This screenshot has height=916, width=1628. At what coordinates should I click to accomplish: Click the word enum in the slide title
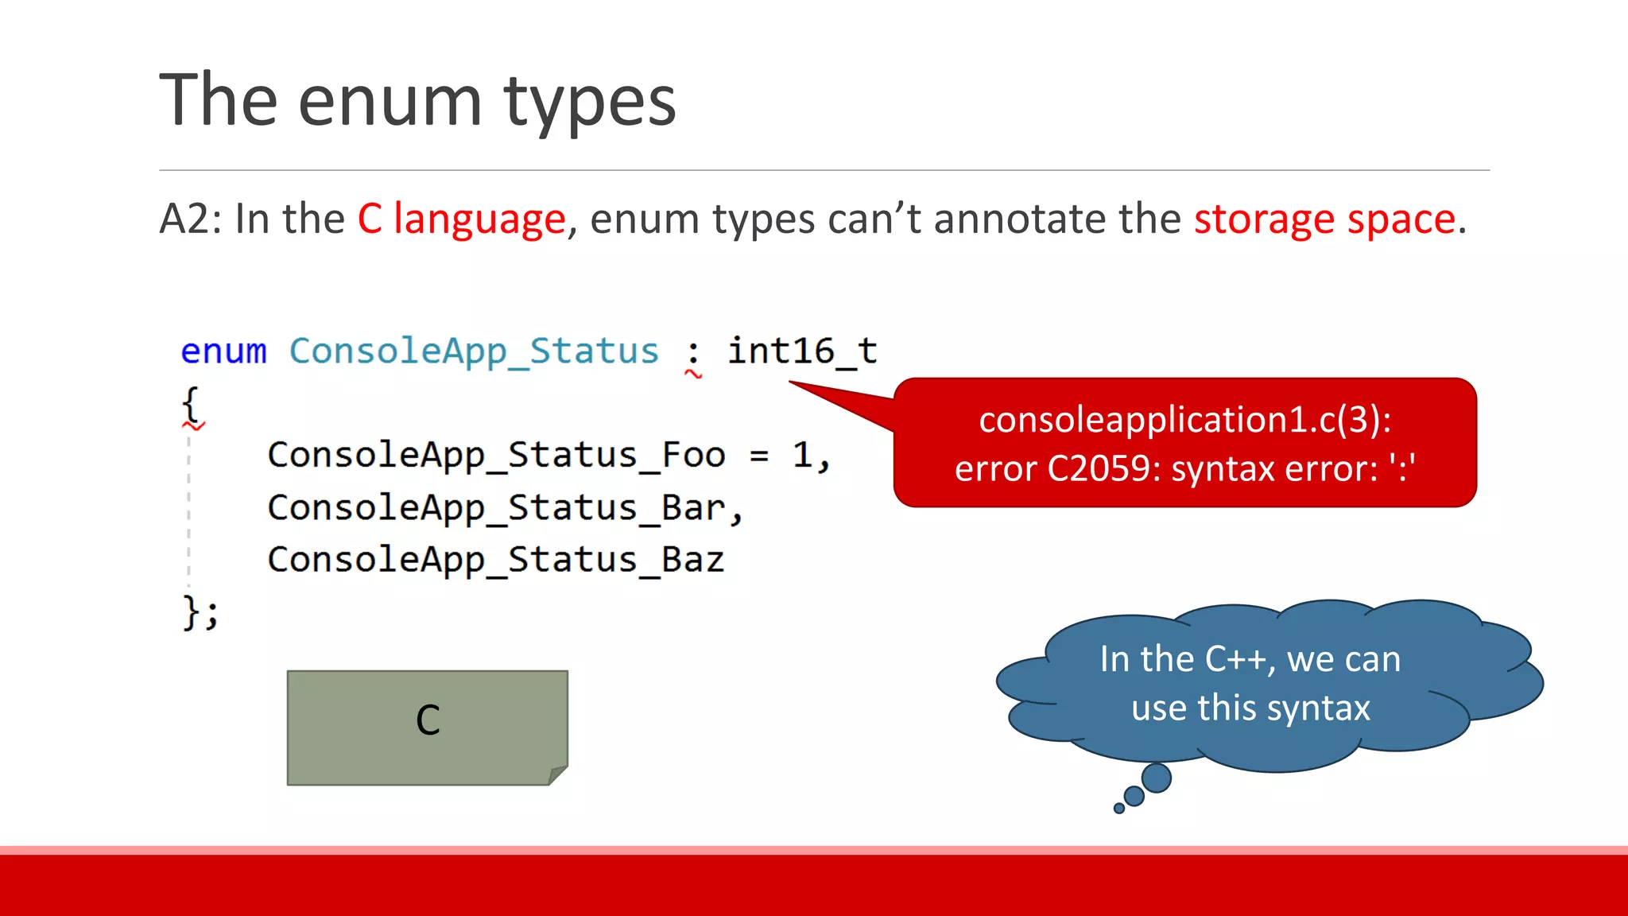390,101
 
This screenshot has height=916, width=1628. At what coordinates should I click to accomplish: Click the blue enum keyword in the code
223,351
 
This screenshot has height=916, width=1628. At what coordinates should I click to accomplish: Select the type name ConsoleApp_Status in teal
474,351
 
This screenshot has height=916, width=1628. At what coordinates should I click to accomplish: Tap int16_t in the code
802,351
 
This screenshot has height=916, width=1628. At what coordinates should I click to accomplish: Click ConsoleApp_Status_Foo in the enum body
496,456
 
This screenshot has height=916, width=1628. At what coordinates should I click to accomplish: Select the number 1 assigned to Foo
802,456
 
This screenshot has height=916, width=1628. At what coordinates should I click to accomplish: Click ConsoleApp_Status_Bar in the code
496,508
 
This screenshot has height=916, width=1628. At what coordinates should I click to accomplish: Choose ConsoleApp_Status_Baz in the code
496,561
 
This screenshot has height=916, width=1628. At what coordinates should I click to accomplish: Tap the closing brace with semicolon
200,612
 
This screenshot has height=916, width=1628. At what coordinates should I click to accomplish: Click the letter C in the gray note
428,720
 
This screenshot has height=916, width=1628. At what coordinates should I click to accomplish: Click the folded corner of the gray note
558,774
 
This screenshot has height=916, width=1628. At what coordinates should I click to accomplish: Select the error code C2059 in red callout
1098,469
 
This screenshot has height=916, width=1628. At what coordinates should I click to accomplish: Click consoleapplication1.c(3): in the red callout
1184,420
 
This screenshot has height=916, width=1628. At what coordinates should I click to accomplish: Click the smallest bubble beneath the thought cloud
1119,809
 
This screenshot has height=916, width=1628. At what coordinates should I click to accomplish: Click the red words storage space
1324,219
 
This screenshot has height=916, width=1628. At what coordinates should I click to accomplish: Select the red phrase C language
461,219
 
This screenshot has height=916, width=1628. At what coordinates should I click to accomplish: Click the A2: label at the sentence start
191,219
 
